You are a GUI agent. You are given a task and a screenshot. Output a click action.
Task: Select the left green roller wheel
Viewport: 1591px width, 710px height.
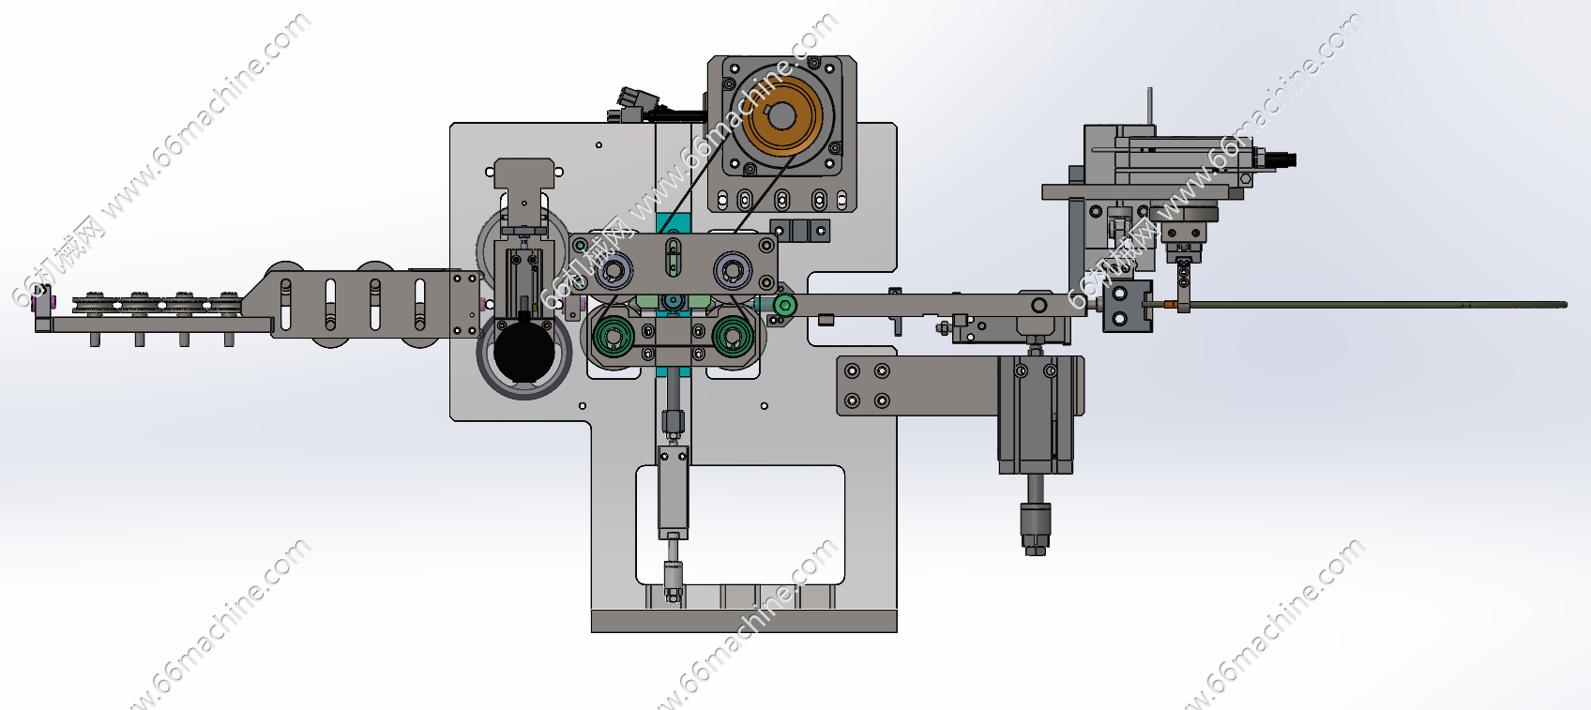click(614, 335)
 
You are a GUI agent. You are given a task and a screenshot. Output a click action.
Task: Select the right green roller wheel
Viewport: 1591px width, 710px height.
click(733, 335)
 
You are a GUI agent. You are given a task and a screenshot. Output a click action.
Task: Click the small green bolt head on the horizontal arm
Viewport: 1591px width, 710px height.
click(784, 305)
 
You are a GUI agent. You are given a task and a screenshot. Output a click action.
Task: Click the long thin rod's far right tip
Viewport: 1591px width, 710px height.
click(1564, 304)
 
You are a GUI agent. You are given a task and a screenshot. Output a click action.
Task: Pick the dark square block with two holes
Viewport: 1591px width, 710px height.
click(1120, 307)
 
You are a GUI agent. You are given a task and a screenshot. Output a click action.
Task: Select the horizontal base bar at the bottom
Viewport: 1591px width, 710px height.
click(744, 621)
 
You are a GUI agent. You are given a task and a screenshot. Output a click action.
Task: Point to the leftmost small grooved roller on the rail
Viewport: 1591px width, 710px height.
click(92, 304)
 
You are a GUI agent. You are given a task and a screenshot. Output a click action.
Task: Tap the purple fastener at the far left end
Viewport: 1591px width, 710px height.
click(41, 303)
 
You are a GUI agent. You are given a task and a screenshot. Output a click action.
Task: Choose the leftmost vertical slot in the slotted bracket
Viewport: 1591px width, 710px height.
click(286, 304)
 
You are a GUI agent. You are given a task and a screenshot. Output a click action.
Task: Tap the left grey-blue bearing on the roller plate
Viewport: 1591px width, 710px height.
click(614, 272)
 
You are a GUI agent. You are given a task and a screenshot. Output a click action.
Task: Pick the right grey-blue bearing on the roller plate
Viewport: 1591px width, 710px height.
click(732, 271)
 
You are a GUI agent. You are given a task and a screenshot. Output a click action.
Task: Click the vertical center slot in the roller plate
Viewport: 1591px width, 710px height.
click(673, 258)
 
